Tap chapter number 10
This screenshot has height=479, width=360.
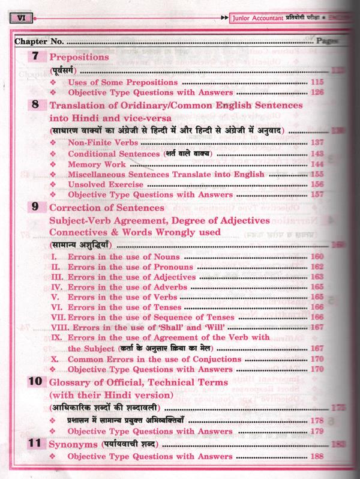pyautogui.click(x=37, y=382)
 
